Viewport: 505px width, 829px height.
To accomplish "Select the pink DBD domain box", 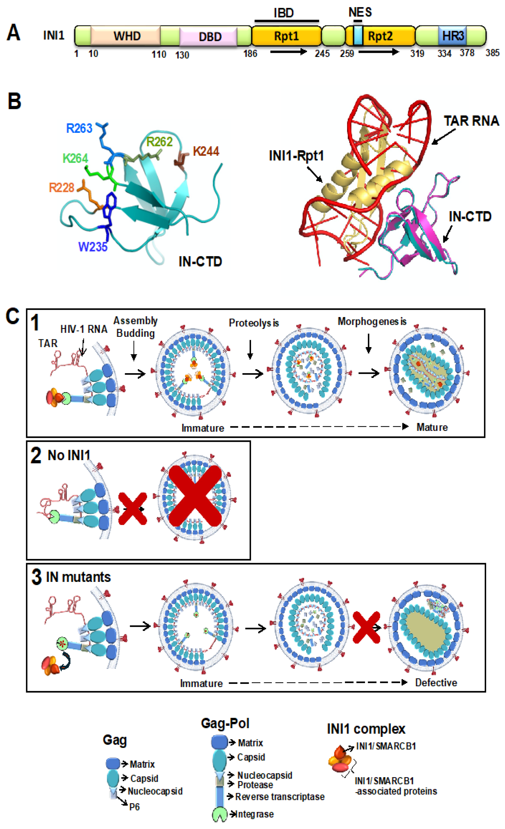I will pos(209,36).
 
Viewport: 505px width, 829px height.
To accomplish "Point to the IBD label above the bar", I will pos(284,13).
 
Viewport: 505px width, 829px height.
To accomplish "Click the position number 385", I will pos(492,53).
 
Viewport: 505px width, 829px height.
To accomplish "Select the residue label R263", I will pos(79,128).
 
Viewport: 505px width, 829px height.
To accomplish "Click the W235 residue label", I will pos(93,247).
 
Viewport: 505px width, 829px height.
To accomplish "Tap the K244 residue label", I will pos(206,151).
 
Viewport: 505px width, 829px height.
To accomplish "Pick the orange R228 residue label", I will pos(61,187).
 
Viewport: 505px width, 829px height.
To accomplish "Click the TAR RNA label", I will pos(471,121).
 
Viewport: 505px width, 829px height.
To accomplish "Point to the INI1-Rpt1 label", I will pos(296,156).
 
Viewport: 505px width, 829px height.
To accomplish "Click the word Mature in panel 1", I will pos(432,427).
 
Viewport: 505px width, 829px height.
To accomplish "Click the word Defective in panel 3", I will pos(436,683).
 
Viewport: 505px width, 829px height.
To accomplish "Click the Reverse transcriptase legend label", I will pos(280,797).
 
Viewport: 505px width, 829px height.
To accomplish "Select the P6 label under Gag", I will pos(134,807).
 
